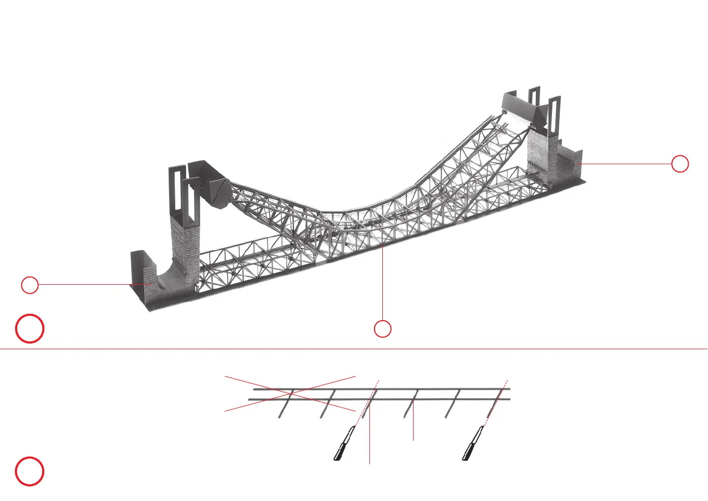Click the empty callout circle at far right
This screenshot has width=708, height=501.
point(680,164)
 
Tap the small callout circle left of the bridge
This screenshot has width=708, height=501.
point(30,285)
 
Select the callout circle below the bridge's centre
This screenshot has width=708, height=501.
point(383,328)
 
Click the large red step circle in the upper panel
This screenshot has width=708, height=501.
point(30,328)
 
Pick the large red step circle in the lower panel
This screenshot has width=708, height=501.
point(30,471)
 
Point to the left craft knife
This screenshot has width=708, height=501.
point(344,444)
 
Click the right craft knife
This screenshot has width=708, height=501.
point(473,444)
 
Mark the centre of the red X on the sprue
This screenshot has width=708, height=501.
point(290,393)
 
